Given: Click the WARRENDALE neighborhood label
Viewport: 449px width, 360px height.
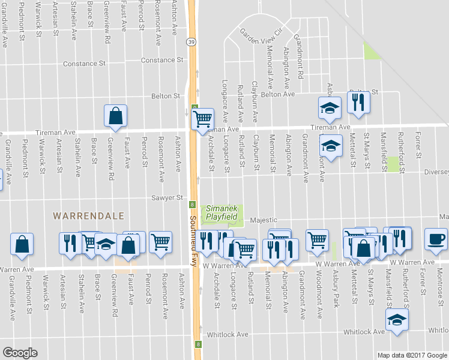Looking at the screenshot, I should tap(88, 215).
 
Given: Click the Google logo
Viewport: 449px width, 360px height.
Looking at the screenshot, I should tap(20, 353).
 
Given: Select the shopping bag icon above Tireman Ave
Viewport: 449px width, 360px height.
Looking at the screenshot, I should tap(115, 116).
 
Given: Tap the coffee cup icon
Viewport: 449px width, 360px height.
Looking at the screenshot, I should tap(436, 239).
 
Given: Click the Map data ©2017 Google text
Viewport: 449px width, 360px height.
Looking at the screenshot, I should tap(411, 355).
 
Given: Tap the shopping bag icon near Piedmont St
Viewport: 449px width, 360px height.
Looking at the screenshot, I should tap(22, 244).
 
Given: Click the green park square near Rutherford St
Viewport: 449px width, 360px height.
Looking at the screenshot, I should tap(393, 164).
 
